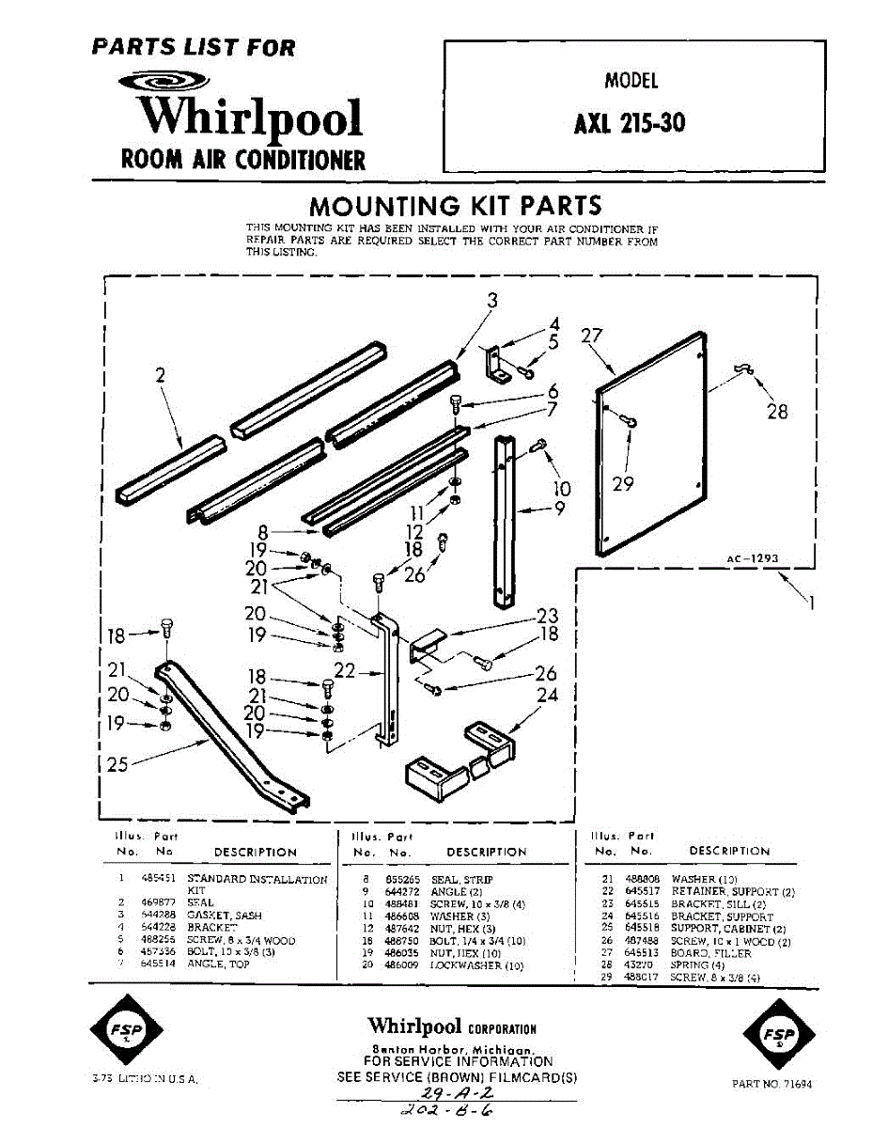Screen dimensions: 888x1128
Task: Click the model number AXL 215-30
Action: (x=630, y=123)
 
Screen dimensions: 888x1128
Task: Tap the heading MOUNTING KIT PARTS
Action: (x=456, y=206)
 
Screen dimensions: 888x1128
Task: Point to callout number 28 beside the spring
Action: (x=777, y=411)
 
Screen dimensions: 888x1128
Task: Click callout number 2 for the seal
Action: (x=161, y=375)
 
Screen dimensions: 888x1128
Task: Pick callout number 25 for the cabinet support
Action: (x=117, y=764)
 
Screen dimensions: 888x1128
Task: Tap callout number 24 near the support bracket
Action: (x=547, y=696)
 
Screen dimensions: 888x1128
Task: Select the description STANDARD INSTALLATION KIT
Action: (x=257, y=885)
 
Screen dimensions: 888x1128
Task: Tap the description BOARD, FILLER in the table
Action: (x=711, y=953)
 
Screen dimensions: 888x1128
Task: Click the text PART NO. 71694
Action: (x=771, y=1084)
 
